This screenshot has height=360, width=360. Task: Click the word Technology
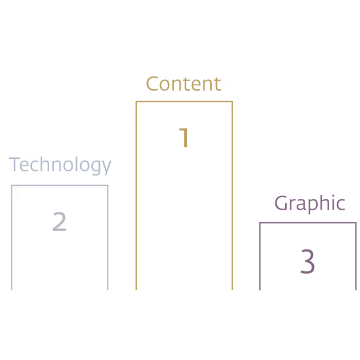click(60, 165)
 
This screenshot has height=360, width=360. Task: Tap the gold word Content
click(183, 83)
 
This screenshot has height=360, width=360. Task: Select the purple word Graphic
click(310, 203)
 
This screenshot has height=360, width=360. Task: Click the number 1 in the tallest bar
click(184, 138)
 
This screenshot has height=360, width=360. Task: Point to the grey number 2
click(59, 222)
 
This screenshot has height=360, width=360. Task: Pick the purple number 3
click(307, 262)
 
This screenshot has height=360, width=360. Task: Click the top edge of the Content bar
click(184, 102)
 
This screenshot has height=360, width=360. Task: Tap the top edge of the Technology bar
click(59, 186)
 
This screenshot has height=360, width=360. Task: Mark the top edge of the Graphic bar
click(307, 223)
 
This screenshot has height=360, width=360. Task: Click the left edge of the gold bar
click(137, 194)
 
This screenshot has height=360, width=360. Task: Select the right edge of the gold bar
click(232, 194)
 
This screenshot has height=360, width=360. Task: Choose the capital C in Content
click(152, 83)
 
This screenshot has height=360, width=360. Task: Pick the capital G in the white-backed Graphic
click(281, 203)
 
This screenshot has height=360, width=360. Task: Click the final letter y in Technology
click(106, 166)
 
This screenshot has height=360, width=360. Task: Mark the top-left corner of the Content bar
click(137, 102)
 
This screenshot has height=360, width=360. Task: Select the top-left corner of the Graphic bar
click(260, 223)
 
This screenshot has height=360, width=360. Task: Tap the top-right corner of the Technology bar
click(107, 186)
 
